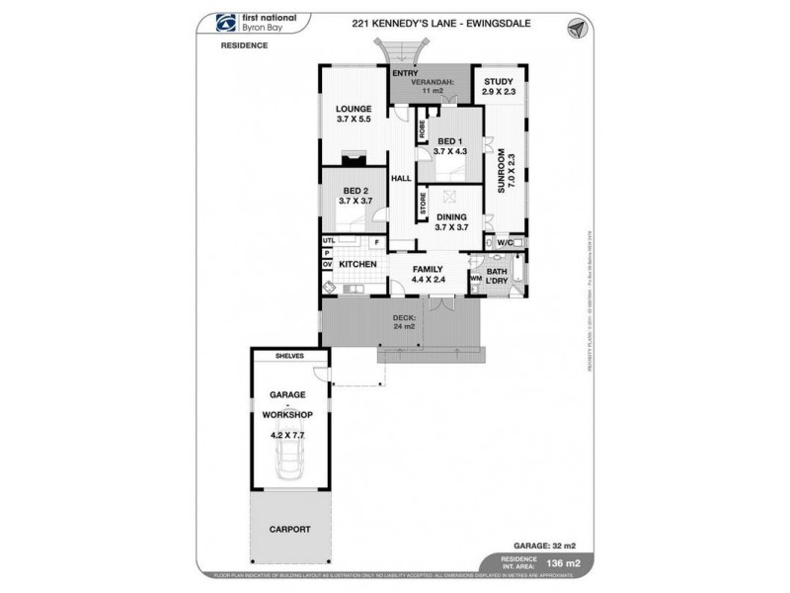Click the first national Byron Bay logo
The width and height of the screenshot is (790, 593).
[x=249, y=27]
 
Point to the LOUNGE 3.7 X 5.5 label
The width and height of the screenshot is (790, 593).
[x=352, y=114]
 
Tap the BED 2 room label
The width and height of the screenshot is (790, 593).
[x=356, y=195]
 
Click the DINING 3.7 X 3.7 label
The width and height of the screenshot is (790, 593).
[x=453, y=221]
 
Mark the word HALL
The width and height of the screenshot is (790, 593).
[x=400, y=179]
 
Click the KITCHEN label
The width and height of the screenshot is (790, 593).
[x=356, y=266]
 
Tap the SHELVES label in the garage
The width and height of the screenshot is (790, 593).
[x=290, y=356]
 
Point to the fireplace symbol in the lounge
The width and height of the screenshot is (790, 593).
[x=351, y=156]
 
